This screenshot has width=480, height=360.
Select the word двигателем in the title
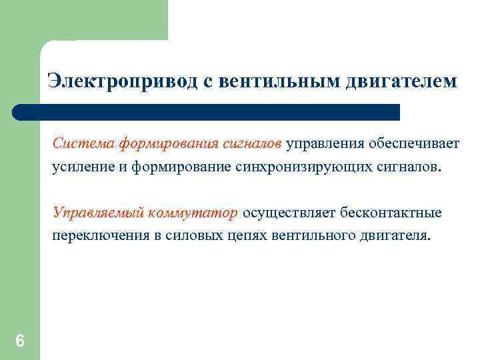click(x=402, y=81)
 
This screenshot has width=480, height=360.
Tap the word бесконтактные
click(x=391, y=213)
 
